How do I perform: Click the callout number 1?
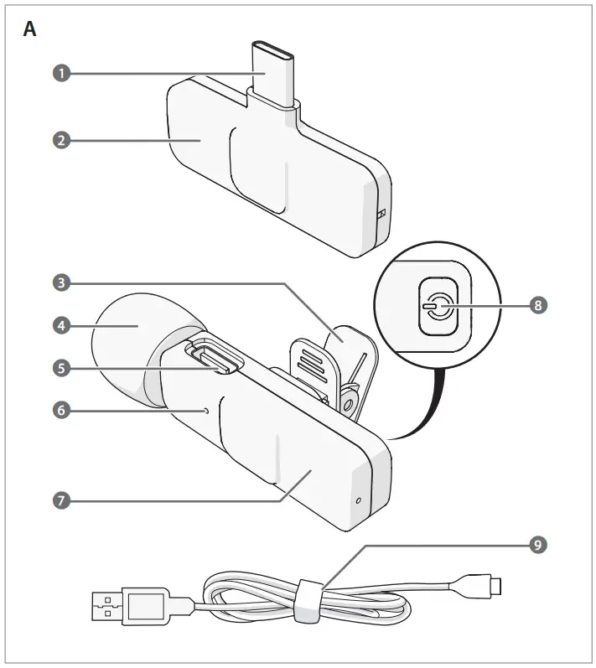(x=60, y=73)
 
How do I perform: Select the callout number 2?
(x=60, y=140)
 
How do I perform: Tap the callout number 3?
(x=60, y=282)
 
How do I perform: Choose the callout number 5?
(x=60, y=366)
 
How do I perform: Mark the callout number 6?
(x=60, y=411)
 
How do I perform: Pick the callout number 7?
(x=60, y=500)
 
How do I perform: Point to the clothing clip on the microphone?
(x=331, y=360)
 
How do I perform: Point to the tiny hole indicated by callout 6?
(x=206, y=411)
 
